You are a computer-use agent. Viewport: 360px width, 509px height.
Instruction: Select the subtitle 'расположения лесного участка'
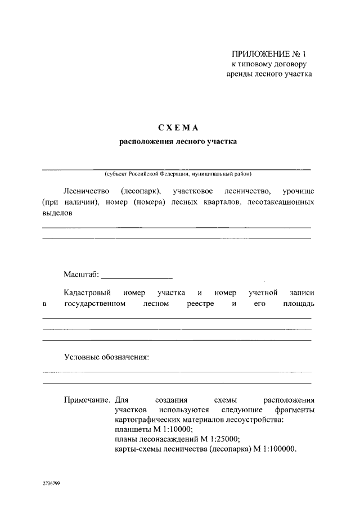pyautogui.click(x=177, y=142)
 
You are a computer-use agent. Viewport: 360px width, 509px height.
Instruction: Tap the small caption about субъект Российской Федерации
pyautogui.click(x=177, y=174)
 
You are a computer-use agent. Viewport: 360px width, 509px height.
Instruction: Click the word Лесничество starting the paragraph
pyautogui.click(x=86, y=191)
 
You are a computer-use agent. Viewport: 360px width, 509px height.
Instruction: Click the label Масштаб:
pyautogui.click(x=81, y=274)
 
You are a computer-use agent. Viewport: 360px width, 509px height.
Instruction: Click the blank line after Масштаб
pyautogui.click(x=136, y=277)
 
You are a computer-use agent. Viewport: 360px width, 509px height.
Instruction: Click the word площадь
pyautogui.click(x=295, y=304)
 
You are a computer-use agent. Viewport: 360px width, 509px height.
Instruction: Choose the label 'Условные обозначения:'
pyautogui.click(x=106, y=358)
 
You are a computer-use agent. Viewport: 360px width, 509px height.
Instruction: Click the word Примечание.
pyautogui.click(x=87, y=400)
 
